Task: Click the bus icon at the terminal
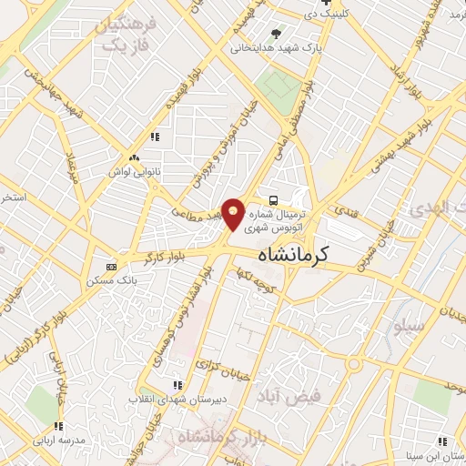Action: point(272,198)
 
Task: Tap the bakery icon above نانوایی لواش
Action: point(133,157)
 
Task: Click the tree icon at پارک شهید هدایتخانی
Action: point(276,33)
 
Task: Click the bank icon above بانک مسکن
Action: point(112,267)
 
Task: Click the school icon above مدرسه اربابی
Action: point(58,426)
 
